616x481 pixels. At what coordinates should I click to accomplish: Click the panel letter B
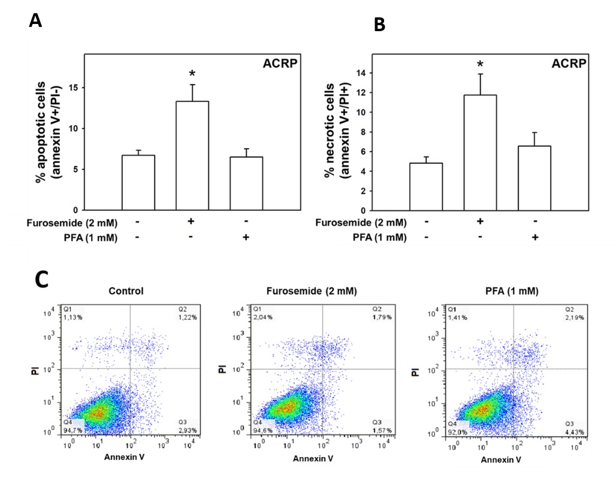point(380,25)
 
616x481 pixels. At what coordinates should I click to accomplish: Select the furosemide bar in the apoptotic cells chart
point(192,156)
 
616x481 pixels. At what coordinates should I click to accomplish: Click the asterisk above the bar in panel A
point(192,74)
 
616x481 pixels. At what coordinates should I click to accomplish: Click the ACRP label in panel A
point(280,64)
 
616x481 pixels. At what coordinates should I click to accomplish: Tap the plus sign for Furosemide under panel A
point(192,222)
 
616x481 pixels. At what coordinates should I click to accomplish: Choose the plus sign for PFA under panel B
point(534,237)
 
